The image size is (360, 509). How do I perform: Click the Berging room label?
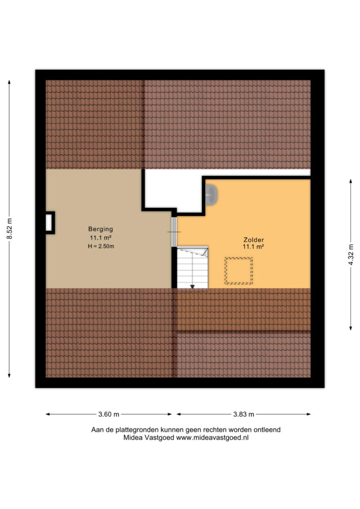click(x=100, y=229)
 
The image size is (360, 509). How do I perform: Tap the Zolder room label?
click(x=254, y=240)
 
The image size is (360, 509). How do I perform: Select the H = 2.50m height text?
click(x=101, y=247)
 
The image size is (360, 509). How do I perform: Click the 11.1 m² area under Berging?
click(x=100, y=238)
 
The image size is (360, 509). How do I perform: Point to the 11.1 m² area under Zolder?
click(x=253, y=247)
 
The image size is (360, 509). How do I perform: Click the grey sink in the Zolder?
click(x=211, y=195)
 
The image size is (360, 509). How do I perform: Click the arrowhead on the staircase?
click(x=192, y=287)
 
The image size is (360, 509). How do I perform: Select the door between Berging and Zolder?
click(x=174, y=232)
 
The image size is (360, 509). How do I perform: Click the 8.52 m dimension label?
click(x=10, y=229)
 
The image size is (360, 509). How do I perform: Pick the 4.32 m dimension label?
click(x=351, y=254)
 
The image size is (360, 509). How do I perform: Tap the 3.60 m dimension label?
click(x=109, y=414)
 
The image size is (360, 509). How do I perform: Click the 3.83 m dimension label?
click(x=244, y=414)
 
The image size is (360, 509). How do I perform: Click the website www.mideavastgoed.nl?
click(x=212, y=437)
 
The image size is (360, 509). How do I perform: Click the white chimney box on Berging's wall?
click(x=49, y=223)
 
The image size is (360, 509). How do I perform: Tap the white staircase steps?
click(x=192, y=268)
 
